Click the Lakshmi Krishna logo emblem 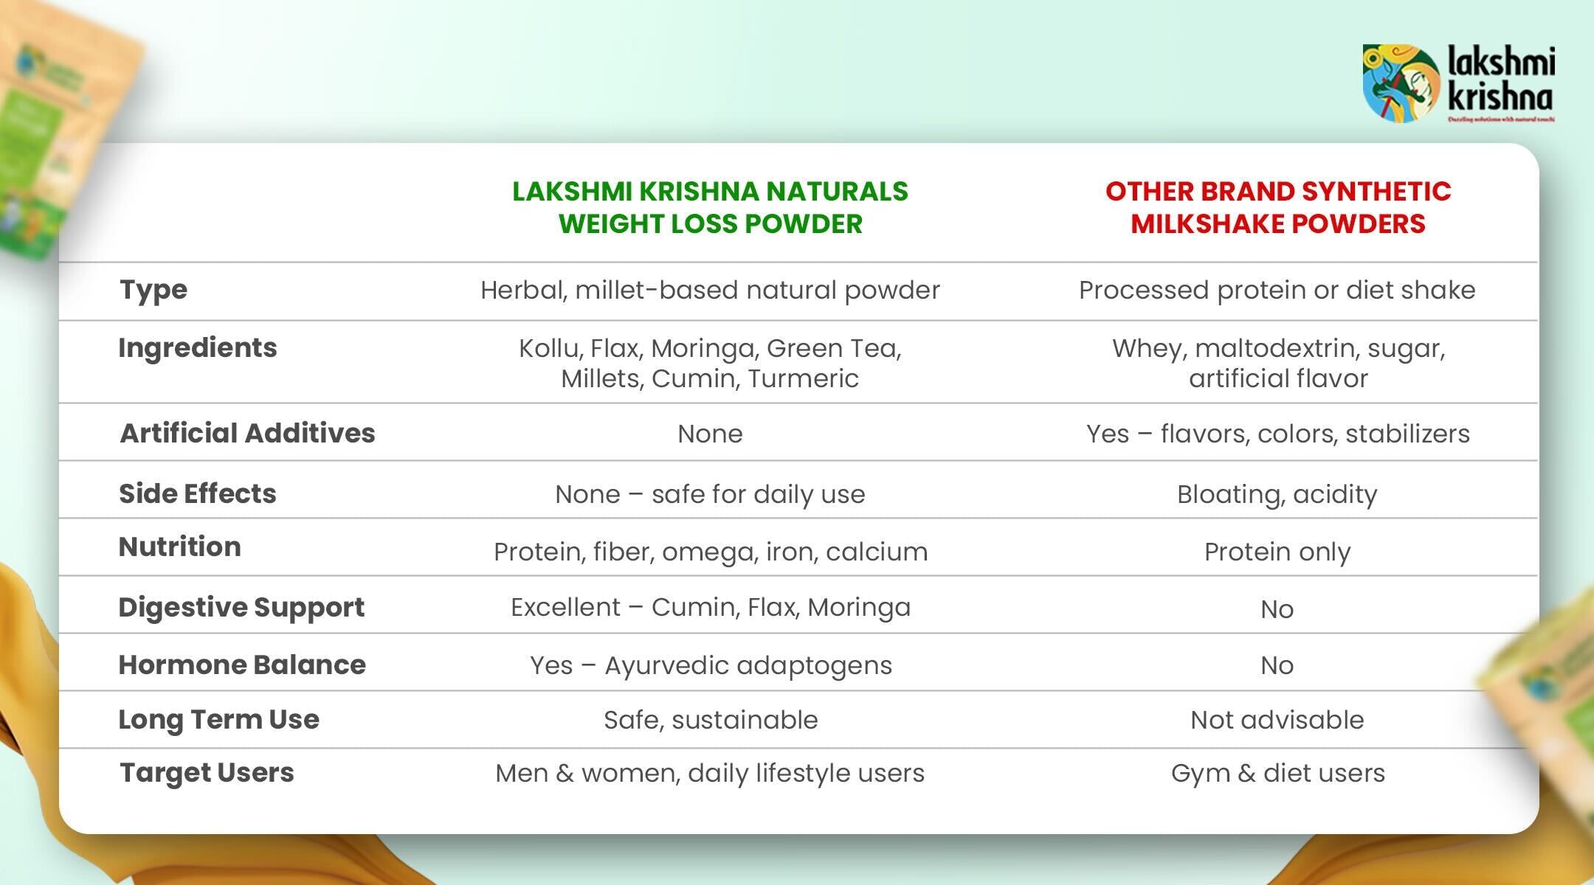pos(1400,83)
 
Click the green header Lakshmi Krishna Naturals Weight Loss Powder pos(710,207)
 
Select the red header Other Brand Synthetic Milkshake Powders pos(1277,207)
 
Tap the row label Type pos(153,290)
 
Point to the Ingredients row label pos(198,347)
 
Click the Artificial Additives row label pos(247,433)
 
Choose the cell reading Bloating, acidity pos(1277,494)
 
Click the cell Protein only pos(1277,552)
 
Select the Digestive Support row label pos(241,607)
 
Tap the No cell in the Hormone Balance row pos(1277,665)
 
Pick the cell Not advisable pos(1277,720)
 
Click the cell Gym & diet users pos(1277,773)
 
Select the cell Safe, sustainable pos(710,720)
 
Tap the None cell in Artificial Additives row pos(710,434)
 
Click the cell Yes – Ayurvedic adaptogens pos(710,665)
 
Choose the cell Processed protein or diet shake pos(1277,290)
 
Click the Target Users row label pos(207,772)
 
